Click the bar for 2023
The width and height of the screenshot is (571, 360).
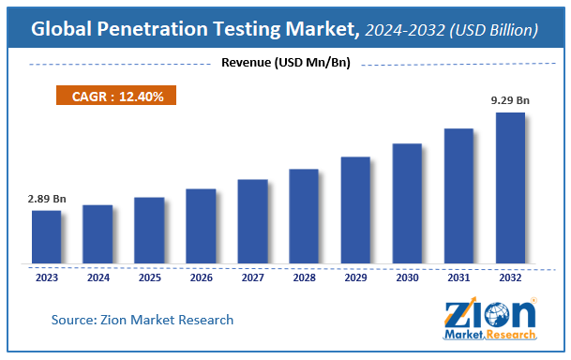46,238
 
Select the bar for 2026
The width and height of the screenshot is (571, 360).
201,227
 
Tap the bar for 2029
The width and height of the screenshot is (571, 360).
355,211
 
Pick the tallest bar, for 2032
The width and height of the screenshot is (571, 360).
510,188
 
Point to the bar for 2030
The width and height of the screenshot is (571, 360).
407,204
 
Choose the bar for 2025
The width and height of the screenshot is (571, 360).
149,232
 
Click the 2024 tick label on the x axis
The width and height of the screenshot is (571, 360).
98,277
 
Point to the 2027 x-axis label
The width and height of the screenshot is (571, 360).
252,277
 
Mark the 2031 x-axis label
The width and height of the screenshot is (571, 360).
458,277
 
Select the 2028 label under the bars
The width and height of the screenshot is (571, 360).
304,277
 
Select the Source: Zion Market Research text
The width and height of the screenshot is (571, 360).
142,321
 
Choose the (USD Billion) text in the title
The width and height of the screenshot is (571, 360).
492,30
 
